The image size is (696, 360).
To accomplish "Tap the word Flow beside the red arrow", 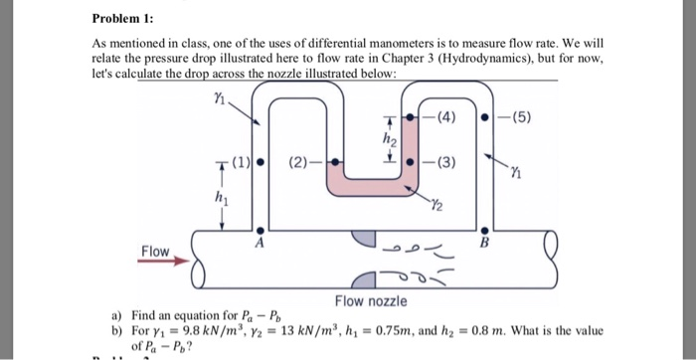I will [x=155, y=250].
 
